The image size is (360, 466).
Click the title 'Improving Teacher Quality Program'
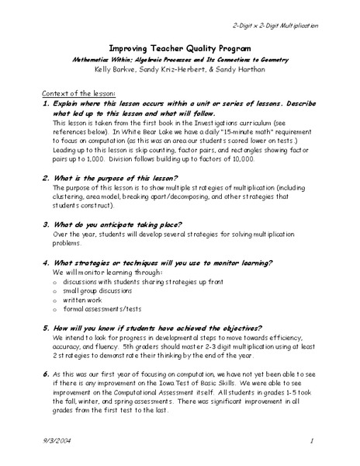[180, 46]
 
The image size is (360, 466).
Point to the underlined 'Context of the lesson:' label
[64, 92]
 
